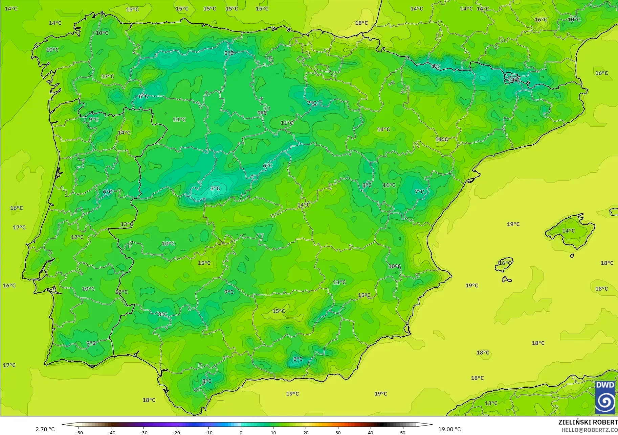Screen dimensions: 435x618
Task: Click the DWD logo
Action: click(605, 397)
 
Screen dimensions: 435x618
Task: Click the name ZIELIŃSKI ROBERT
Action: click(588, 422)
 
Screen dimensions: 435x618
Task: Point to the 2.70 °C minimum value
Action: click(45, 429)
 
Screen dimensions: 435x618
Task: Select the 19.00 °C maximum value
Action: click(449, 429)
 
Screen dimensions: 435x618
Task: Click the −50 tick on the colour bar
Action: click(79, 432)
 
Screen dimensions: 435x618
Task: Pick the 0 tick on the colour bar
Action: click(241, 432)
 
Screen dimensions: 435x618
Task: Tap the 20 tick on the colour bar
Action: click(306, 432)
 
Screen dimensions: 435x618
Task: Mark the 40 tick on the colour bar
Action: click(371, 432)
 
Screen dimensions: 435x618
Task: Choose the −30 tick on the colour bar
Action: click(144, 432)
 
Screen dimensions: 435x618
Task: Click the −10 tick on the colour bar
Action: click(208, 432)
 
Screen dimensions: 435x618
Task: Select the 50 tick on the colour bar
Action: click(403, 432)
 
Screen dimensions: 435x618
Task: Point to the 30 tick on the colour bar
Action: click(338, 432)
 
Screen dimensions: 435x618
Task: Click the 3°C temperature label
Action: click(215, 188)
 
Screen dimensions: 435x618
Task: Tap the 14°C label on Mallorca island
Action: click(569, 231)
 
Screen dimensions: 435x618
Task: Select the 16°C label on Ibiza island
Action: click(505, 263)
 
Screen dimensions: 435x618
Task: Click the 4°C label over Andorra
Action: click(515, 80)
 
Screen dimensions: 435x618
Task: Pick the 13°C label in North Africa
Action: click(491, 403)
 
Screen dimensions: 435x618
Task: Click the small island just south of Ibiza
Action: click(506, 280)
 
